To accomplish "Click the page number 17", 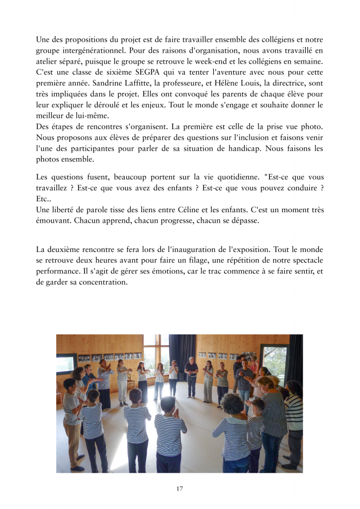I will pos(180,488).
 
